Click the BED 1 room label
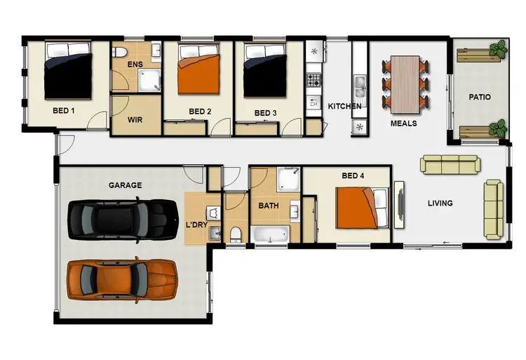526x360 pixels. (63, 111)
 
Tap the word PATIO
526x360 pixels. (480, 97)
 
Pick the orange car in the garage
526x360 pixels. (123, 279)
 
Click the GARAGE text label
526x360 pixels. (125, 185)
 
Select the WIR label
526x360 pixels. (135, 119)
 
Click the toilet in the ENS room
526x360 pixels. (121, 53)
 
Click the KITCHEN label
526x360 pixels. (344, 106)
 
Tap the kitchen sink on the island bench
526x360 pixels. (360, 88)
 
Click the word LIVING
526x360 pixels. (440, 204)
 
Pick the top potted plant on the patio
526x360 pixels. (499, 48)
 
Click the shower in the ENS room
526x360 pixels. (149, 82)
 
